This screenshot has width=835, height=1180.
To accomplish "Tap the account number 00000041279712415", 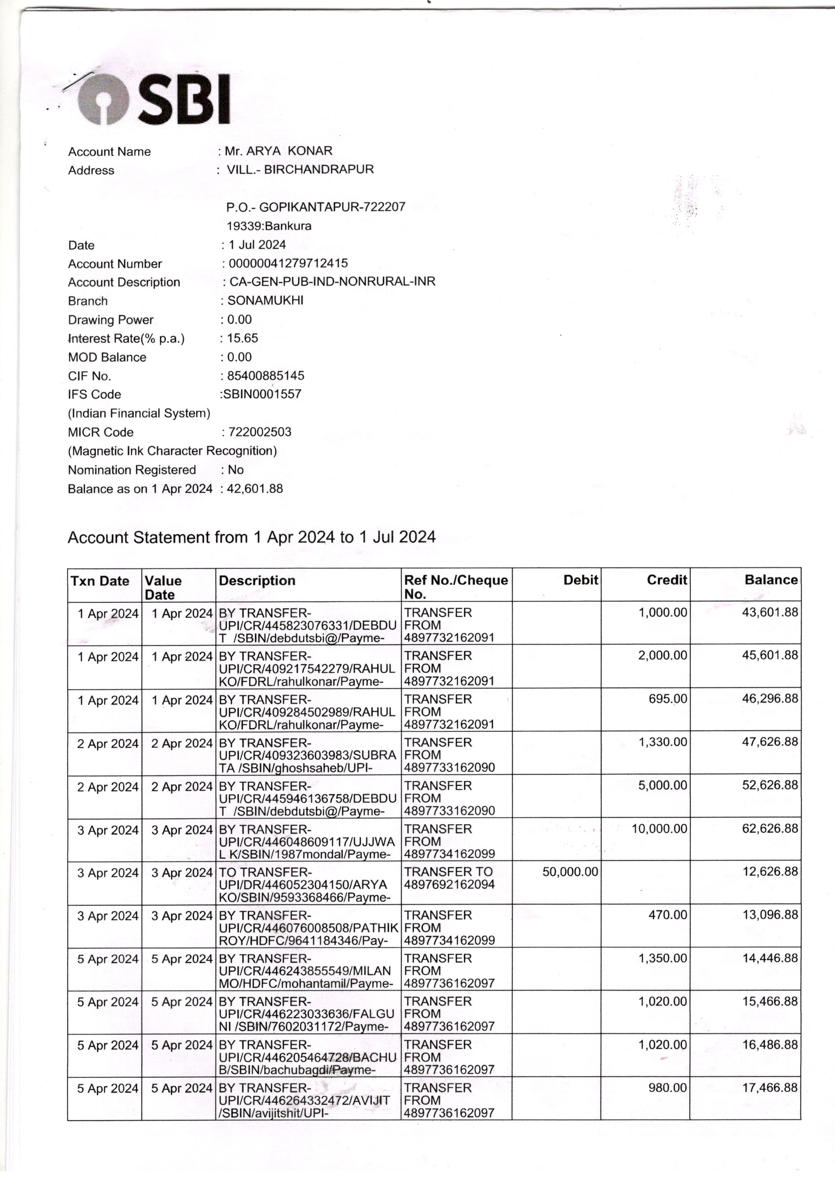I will tap(288, 263).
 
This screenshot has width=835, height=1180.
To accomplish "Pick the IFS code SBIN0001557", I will tap(262, 394).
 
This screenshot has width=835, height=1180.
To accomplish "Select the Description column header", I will tap(257, 581).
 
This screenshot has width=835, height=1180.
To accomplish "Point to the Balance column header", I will tap(771, 580).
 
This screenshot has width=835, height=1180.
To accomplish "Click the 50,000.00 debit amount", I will tap(570, 872).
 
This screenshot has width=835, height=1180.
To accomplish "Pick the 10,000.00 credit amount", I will tap(659, 828).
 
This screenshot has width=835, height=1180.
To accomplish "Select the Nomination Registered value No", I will tap(236, 469).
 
